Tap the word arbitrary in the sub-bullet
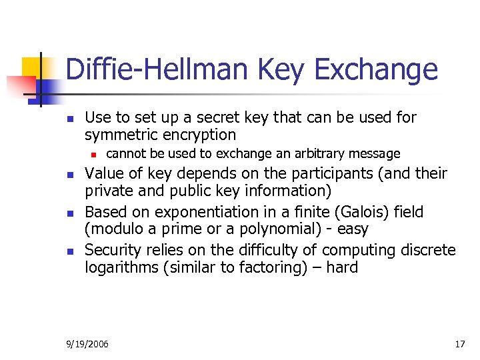pos(317,154)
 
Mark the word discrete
pos(429,251)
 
